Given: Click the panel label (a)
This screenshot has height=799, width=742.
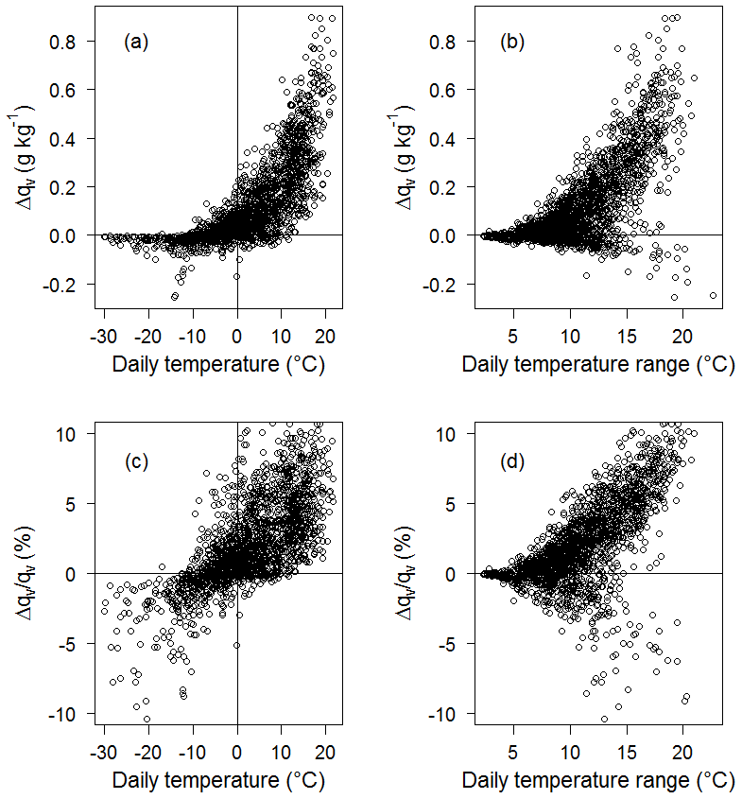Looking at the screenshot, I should [x=137, y=42].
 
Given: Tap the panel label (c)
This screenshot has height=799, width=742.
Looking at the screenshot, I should [x=137, y=463].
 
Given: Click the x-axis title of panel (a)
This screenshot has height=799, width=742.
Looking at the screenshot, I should [x=217, y=365].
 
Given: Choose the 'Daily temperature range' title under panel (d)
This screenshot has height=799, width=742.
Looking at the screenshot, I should [x=598, y=783].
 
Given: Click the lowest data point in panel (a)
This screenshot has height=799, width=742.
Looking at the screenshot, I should [x=175, y=296].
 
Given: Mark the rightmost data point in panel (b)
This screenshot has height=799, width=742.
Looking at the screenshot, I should [x=713, y=295].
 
